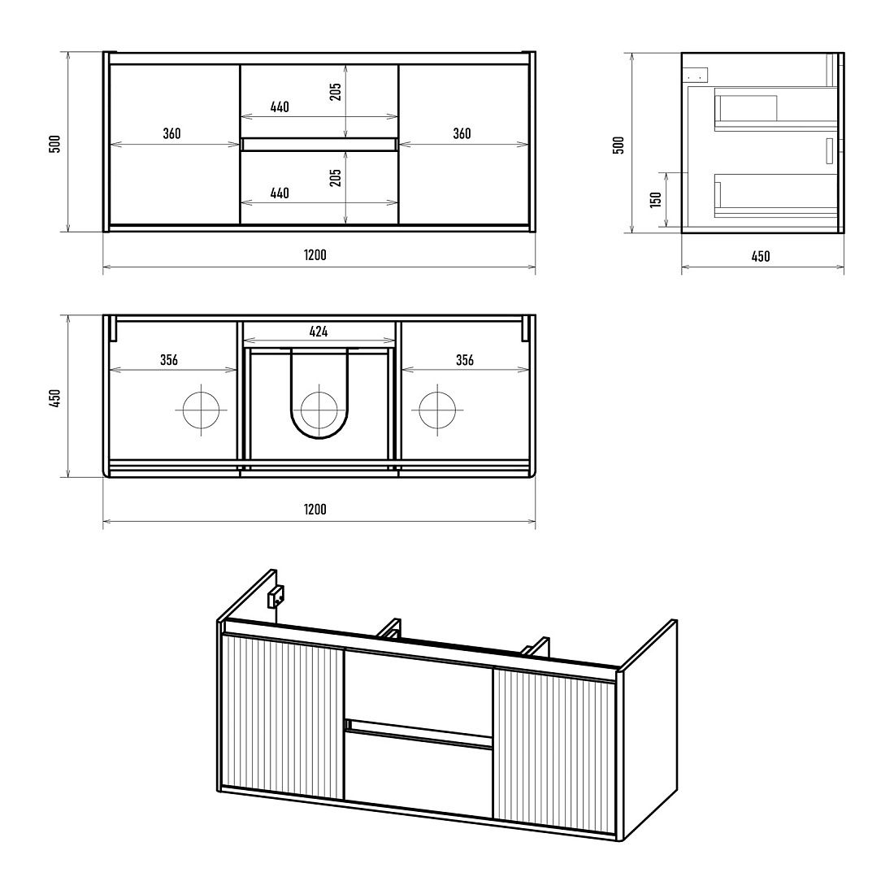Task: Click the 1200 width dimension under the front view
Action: pyautogui.click(x=315, y=255)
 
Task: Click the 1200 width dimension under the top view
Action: pyautogui.click(x=315, y=509)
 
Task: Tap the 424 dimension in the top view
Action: pyautogui.click(x=319, y=332)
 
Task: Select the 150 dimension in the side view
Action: pyautogui.click(x=656, y=200)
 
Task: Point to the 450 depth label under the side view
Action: pyautogui.click(x=761, y=257)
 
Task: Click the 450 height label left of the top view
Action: pyautogui.click(x=54, y=398)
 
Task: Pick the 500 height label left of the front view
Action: pyautogui.click(x=54, y=144)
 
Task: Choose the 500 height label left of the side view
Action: pyautogui.click(x=618, y=145)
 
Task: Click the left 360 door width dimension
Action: pyautogui.click(x=171, y=133)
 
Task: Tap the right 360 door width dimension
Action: pyautogui.click(x=462, y=133)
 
